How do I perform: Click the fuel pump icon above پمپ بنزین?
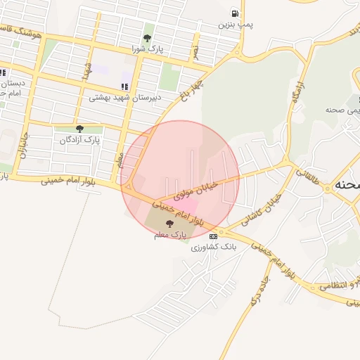[x=234, y=13]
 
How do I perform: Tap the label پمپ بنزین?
[x=234, y=25]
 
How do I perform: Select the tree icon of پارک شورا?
[x=147, y=38]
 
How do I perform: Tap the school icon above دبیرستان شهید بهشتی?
[x=125, y=87]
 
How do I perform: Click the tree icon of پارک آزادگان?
[x=79, y=129]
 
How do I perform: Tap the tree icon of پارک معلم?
[x=169, y=224]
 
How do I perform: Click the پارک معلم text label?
[x=169, y=236]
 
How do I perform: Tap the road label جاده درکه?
[x=259, y=295]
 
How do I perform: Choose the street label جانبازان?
[x=25, y=143]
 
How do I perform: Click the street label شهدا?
[x=86, y=71]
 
